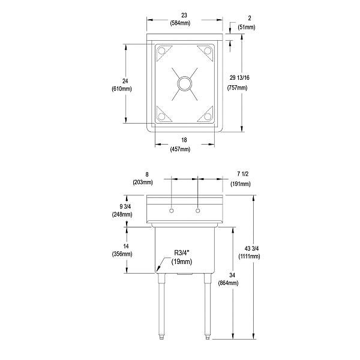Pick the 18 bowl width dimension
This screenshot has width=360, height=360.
(x=184, y=140)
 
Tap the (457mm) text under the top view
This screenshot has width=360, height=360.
(x=184, y=149)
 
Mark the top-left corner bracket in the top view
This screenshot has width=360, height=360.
(x=161, y=53)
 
